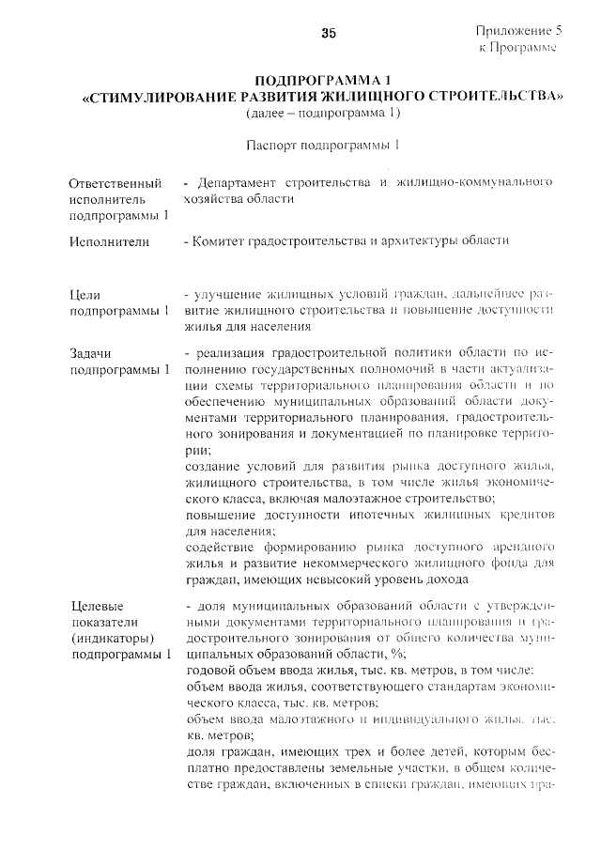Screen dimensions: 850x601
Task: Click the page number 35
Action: (x=329, y=33)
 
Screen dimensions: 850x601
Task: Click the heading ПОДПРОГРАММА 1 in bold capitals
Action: (x=322, y=79)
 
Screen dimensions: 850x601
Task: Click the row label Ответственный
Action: (x=115, y=181)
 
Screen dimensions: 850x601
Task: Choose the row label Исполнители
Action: (x=109, y=241)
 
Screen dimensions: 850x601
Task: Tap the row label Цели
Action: (x=85, y=294)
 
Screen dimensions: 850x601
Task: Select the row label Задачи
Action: (x=90, y=353)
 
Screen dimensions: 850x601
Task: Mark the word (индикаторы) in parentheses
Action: (x=112, y=638)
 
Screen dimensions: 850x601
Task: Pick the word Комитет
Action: (x=218, y=241)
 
